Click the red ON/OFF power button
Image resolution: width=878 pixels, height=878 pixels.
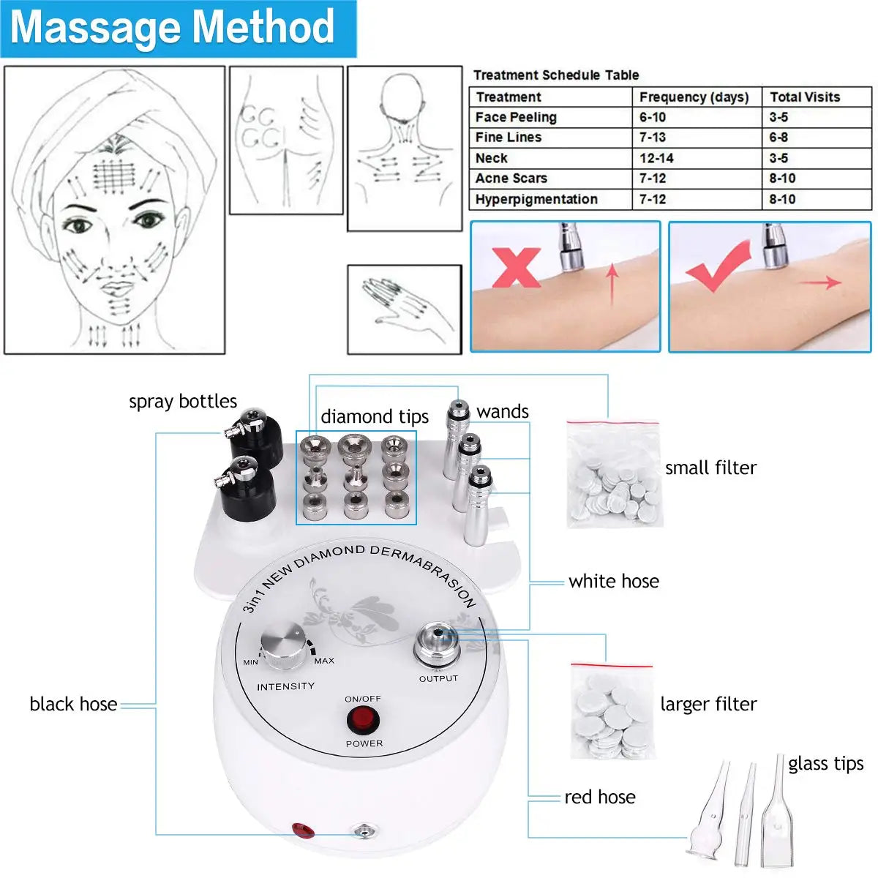[x=363, y=721]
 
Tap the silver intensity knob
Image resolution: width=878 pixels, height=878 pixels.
[x=284, y=646]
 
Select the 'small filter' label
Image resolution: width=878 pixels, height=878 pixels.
[x=710, y=468]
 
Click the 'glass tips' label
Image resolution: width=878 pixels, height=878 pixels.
[x=825, y=763]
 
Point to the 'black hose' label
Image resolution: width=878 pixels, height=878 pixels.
[x=73, y=704]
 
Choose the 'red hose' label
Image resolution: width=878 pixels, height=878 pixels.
[x=600, y=797]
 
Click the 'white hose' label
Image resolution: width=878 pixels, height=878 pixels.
[x=614, y=581]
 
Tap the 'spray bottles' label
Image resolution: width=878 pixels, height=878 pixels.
[x=183, y=401]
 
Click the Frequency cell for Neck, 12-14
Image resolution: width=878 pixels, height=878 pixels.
[x=656, y=158]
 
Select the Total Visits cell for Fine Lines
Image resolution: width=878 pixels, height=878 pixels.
[x=778, y=138]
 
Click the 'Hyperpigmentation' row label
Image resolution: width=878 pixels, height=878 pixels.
[x=536, y=199]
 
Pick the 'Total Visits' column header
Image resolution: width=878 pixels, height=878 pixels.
[x=805, y=97]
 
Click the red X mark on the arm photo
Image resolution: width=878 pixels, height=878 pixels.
[x=516, y=267]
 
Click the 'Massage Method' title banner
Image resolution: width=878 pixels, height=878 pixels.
[x=173, y=28]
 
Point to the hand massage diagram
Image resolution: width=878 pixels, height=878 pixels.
[x=405, y=309]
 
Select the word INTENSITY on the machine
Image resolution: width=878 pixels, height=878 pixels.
[x=285, y=686]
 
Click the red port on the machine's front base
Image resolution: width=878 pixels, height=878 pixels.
[x=303, y=830]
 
